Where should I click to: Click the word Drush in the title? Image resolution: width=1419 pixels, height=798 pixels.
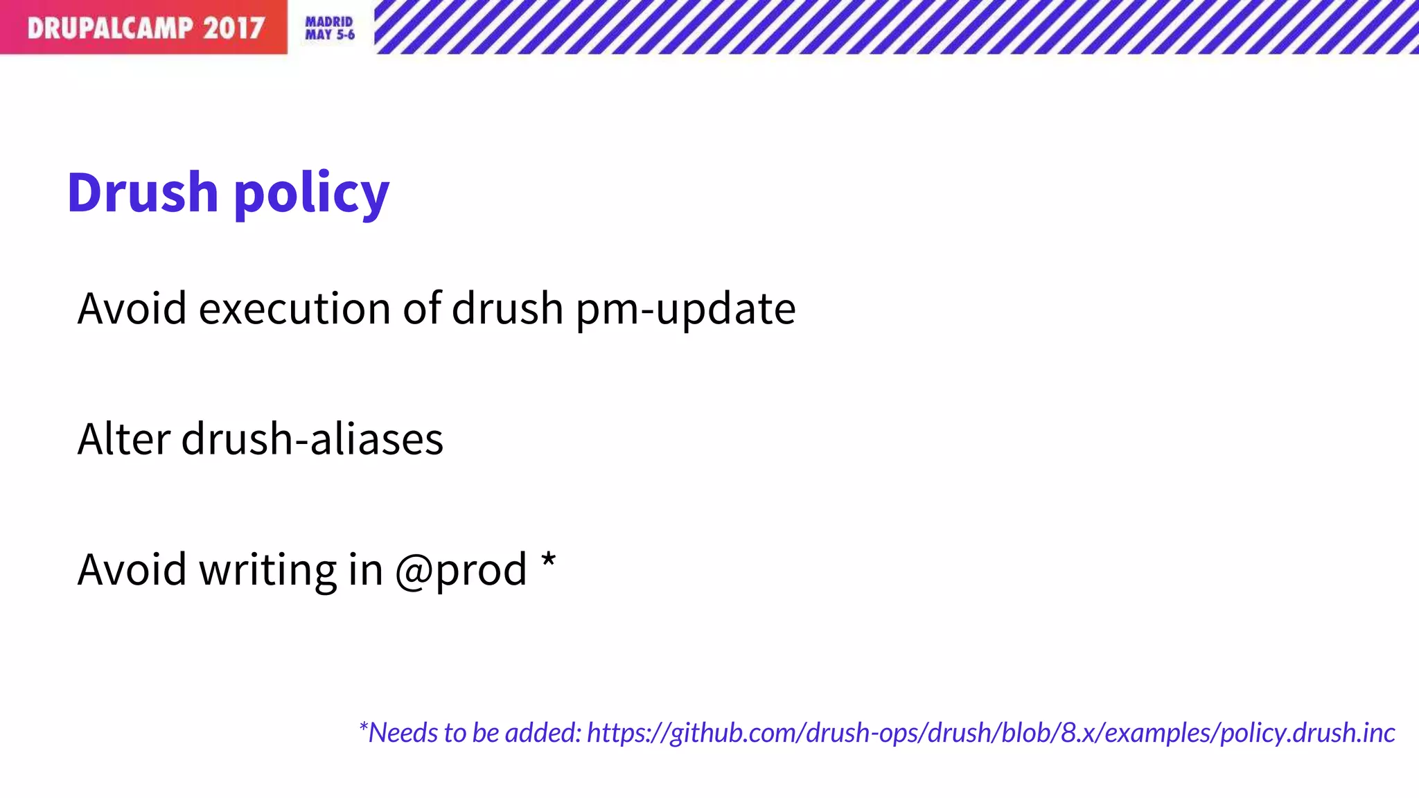tap(143, 192)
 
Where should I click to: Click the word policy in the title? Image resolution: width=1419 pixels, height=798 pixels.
tap(312, 194)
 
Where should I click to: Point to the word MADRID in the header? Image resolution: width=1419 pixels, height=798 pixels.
tap(329, 22)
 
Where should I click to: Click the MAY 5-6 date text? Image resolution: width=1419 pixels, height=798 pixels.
tap(330, 35)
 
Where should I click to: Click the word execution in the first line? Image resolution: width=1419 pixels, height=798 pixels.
tap(294, 308)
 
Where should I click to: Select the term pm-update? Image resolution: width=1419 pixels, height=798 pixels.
tap(685, 310)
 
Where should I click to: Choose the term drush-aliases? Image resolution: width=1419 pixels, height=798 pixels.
tap(312, 439)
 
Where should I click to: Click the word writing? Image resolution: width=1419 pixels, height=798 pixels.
tap(267, 570)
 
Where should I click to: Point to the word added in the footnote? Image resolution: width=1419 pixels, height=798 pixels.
tap(543, 733)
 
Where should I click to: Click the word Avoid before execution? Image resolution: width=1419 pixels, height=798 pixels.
tap(132, 308)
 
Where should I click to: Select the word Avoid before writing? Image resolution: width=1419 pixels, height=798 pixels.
tap(132, 570)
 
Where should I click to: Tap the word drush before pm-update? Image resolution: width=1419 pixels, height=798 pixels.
tap(507, 308)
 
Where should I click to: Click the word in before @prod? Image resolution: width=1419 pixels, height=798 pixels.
tap(365, 570)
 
